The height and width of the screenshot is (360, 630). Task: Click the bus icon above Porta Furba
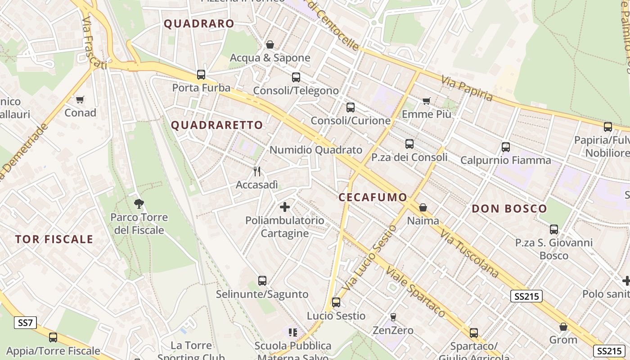click(x=201, y=75)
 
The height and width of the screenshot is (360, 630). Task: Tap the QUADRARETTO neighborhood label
click(x=217, y=125)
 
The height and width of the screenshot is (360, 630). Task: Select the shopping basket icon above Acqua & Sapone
click(x=270, y=45)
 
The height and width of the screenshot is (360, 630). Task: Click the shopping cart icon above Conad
click(x=80, y=99)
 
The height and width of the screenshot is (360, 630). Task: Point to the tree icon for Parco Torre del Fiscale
click(x=139, y=204)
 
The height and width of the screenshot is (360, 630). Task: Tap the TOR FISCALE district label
click(x=54, y=239)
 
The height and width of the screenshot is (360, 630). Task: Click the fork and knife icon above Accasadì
click(x=257, y=171)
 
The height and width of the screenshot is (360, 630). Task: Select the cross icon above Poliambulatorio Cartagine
click(x=285, y=207)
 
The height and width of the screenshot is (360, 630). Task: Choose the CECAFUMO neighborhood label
click(x=373, y=197)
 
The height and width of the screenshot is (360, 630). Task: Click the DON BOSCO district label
click(x=509, y=209)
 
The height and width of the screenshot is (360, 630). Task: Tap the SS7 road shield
click(x=25, y=323)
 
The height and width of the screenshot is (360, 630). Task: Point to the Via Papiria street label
click(x=467, y=89)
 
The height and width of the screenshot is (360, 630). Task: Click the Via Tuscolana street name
click(x=470, y=253)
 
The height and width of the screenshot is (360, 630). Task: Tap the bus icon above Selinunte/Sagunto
click(x=262, y=281)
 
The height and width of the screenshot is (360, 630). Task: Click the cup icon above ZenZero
click(x=393, y=317)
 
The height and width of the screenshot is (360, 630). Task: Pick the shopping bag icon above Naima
click(x=423, y=207)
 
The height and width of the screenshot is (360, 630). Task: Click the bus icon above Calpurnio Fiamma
click(x=506, y=147)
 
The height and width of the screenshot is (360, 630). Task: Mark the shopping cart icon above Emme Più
click(x=426, y=101)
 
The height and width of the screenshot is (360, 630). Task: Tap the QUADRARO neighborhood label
click(x=199, y=24)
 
